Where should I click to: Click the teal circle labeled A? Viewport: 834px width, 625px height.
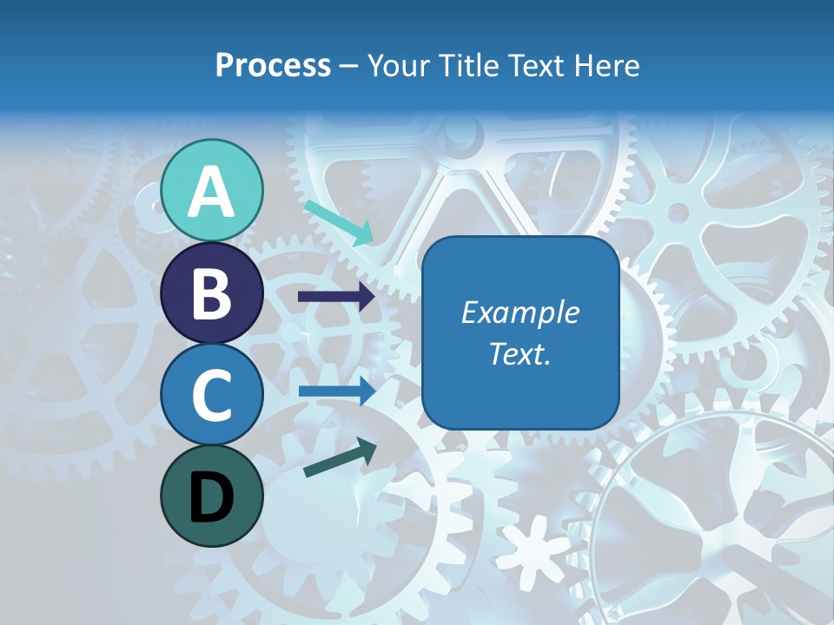(x=212, y=190)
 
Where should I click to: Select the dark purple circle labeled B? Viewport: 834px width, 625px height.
(x=212, y=293)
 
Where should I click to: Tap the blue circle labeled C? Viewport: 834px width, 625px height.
(x=212, y=395)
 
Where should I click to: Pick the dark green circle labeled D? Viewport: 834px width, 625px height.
(x=212, y=497)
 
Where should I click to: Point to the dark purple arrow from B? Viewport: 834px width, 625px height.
(x=336, y=297)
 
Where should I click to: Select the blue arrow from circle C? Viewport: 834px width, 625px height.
(x=336, y=391)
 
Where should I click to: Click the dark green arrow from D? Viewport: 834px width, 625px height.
(x=340, y=457)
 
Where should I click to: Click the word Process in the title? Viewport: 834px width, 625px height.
(x=273, y=65)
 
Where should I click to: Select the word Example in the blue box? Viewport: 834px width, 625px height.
(x=520, y=312)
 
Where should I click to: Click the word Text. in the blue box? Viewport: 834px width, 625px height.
(x=520, y=353)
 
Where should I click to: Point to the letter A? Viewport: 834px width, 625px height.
(x=212, y=192)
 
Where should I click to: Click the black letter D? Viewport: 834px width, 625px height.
(x=212, y=497)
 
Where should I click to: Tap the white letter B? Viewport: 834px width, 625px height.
(x=212, y=293)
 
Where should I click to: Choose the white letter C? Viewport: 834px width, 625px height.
(x=212, y=396)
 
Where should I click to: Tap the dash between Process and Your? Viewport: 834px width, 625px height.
(x=348, y=67)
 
